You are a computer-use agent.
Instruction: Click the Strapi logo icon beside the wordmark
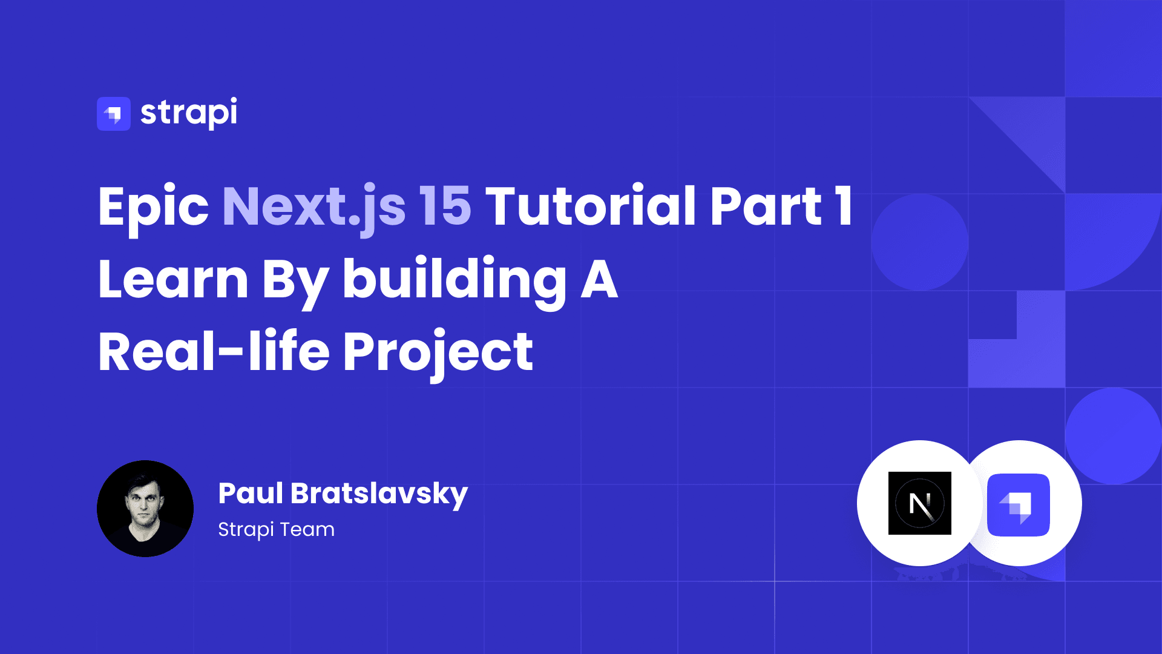pos(114,114)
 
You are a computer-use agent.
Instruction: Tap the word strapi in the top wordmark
pos(189,113)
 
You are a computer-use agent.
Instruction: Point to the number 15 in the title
pos(445,206)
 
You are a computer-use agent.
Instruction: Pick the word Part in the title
pos(766,206)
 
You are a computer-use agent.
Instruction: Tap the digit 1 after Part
pos(844,206)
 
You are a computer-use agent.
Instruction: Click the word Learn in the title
pos(173,279)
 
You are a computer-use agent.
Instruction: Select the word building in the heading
pos(455,282)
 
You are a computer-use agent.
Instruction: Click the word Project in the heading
pos(438,354)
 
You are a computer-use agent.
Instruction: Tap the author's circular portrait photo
pos(145,509)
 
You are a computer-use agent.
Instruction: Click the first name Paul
pos(251,493)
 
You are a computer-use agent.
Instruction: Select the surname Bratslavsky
pos(379,495)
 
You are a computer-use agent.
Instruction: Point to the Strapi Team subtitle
pos(276,529)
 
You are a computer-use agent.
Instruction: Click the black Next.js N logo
pos(920,503)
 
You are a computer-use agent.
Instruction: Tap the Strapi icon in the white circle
pos(1019,505)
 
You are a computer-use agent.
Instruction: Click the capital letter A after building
pos(599,279)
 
